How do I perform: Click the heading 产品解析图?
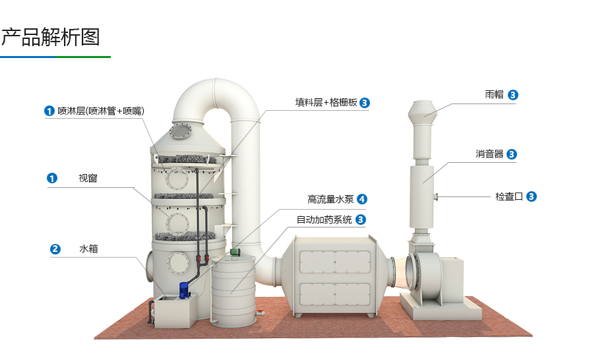[51, 37]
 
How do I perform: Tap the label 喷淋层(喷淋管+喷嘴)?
[100, 111]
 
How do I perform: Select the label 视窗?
[88, 178]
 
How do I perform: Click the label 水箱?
[88, 249]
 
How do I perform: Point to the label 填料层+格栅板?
[326, 103]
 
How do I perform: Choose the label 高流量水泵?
[330, 199]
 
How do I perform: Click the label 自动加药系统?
[324, 220]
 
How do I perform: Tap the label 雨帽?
[494, 95]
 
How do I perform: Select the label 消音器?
[489, 154]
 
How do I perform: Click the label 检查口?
[508, 196]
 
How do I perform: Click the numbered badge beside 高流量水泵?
[362, 199]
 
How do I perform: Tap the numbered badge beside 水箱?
[55, 249]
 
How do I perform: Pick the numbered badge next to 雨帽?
[513, 95]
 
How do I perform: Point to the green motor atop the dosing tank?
[235, 251]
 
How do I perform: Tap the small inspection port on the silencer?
[437, 196]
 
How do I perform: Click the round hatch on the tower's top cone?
[180, 132]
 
